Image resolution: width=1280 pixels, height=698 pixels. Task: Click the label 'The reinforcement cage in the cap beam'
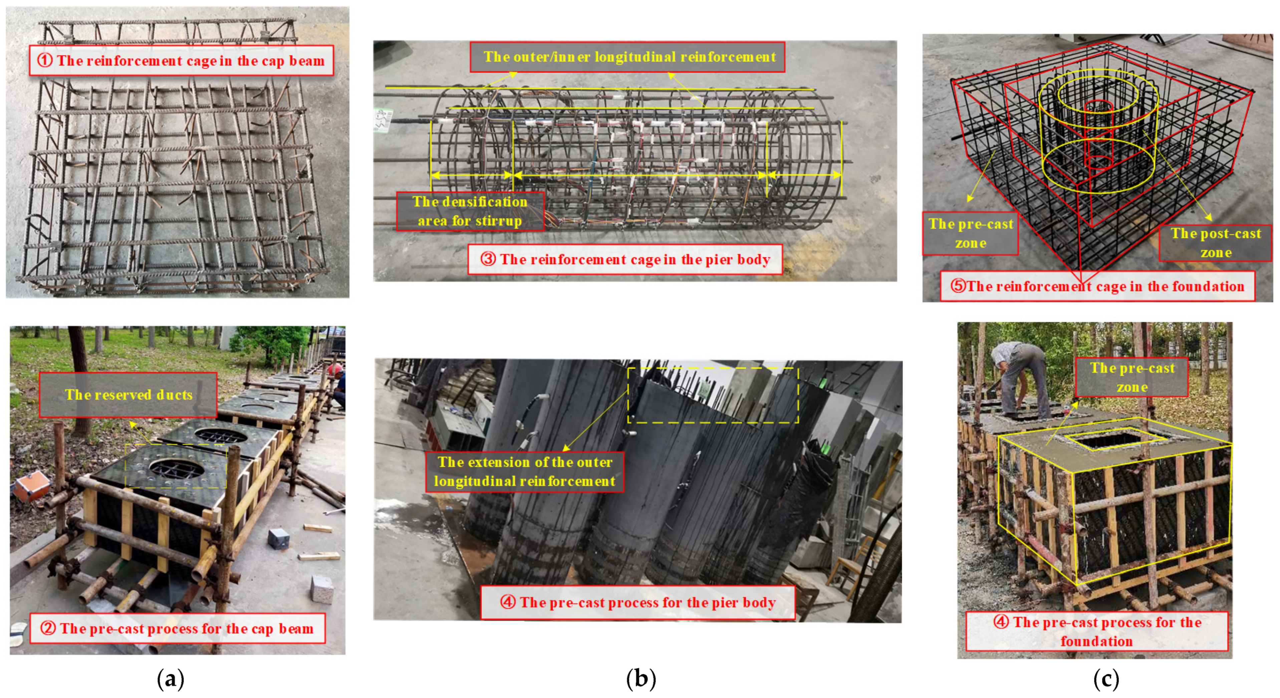(x=181, y=61)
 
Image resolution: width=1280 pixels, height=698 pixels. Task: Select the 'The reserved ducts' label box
(x=128, y=395)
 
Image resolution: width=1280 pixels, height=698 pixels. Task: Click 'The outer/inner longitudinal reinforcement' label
(x=627, y=57)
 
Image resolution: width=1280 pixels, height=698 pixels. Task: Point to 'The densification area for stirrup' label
(x=470, y=211)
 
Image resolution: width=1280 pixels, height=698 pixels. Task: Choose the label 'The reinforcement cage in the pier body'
(x=625, y=259)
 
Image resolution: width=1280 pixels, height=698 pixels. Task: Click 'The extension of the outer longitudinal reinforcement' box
(x=525, y=472)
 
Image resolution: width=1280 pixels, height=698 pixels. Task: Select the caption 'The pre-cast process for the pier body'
(x=637, y=602)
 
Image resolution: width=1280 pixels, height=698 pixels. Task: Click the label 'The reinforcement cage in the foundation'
(x=1097, y=286)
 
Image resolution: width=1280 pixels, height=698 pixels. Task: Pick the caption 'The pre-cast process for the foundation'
(x=1097, y=632)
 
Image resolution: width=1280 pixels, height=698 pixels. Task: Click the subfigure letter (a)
(x=171, y=679)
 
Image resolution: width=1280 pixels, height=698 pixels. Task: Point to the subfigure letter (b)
(x=641, y=679)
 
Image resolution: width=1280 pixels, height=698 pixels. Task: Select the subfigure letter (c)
(x=1106, y=679)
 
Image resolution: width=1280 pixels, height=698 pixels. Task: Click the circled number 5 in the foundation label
(x=958, y=286)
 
